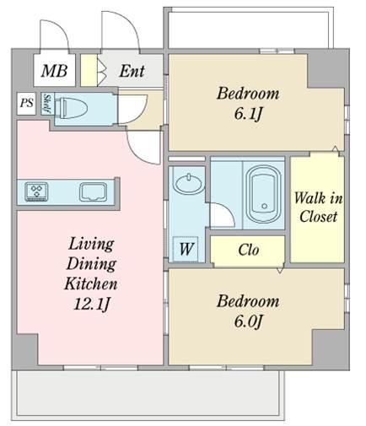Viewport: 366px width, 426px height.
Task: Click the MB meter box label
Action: click(x=54, y=71)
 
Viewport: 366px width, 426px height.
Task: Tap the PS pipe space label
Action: click(x=27, y=103)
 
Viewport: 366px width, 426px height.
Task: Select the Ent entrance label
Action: click(x=132, y=71)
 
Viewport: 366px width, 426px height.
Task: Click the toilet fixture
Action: click(x=71, y=107)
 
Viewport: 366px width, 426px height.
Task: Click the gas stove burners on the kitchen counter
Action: click(x=36, y=191)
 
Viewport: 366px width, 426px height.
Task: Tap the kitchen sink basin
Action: click(x=93, y=192)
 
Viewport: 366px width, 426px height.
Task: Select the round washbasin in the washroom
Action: click(x=189, y=184)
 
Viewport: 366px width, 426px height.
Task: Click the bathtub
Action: click(x=263, y=194)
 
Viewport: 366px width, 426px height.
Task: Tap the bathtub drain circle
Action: click(x=264, y=206)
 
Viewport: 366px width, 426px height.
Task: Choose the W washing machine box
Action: click(x=186, y=249)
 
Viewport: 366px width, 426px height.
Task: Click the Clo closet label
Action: click(x=248, y=250)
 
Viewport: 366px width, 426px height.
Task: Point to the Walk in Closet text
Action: click(x=318, y=208)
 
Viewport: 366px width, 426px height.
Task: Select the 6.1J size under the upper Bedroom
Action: click(x=248, y=114)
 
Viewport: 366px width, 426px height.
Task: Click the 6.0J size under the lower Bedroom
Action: click(x=248, y=321)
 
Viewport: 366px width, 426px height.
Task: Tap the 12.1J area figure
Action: click(x=91, y=304)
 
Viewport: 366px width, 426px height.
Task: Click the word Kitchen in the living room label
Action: click(x=91, y=283)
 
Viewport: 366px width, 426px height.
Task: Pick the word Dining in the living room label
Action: click(x=91, y=264)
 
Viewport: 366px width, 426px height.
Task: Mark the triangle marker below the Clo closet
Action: click(x=280, y=271)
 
